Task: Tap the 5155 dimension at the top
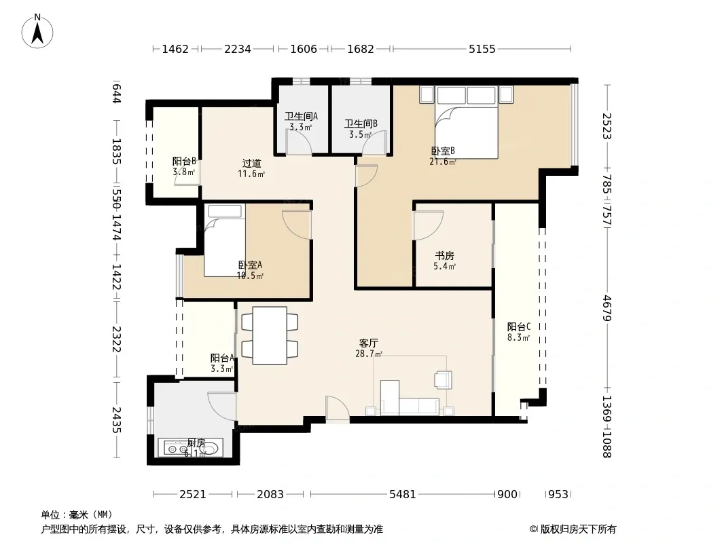pos(482,49)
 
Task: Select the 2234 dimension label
pos(237,49)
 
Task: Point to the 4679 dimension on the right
pos(607,308)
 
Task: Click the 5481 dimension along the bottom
pos(403,494)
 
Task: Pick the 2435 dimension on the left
pos(116,420)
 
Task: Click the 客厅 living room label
pos(369,343)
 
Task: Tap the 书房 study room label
pos(445,256)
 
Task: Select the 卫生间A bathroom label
pos(301,116)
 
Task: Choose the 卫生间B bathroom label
pos(361,124)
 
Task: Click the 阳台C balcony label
pos(518,326)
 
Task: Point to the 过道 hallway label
pos(252,164)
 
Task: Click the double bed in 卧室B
pos(467,121)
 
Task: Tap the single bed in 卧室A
pos(224,240)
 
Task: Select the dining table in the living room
pos(270,335)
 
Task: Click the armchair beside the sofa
pos(444,379)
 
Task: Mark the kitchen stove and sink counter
pos(190,447)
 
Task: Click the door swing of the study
pos(428,225)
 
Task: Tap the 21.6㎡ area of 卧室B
pos(443,162)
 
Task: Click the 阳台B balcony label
pos(184,161)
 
